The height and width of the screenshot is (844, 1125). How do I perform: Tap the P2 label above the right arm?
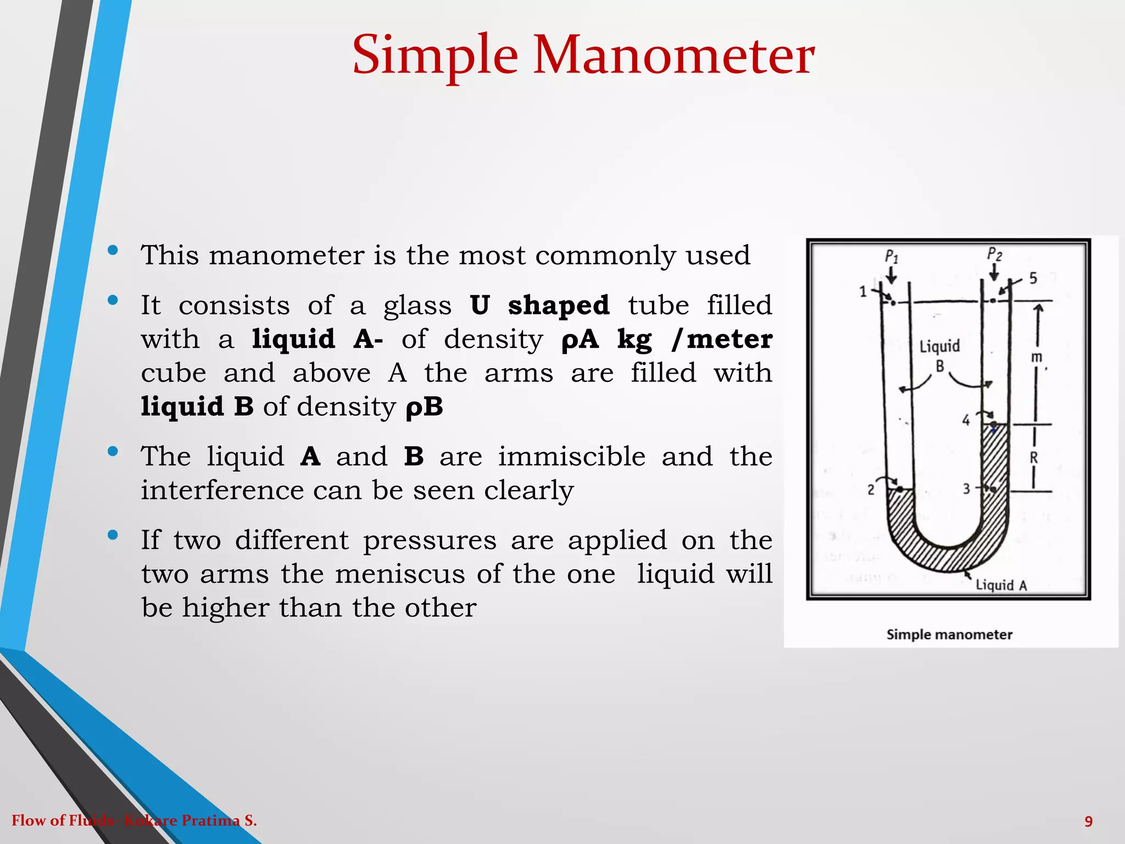pos(994,254)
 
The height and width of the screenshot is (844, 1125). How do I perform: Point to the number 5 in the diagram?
pos(1033,279)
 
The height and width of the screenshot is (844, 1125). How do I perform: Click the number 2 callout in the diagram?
pos(871,489)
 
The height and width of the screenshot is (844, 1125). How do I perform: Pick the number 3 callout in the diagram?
pos(967,488)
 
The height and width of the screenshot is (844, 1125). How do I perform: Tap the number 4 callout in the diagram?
pos(966,421)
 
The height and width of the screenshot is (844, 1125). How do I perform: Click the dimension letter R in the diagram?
pos(1034,458)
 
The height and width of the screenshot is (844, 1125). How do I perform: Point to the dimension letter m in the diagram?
pos(1036,357)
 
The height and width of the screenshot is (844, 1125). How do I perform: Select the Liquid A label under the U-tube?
pos(1001,585)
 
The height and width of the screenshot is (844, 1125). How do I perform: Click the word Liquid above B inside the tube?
pos(940,347)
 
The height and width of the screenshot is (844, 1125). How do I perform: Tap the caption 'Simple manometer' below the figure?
pos(949,635)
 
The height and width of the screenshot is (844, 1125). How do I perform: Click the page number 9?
pos(1089,821)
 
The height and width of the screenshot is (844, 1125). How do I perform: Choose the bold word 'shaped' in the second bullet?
pos(559,306)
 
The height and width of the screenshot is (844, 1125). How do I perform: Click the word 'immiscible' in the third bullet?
pos(571,457)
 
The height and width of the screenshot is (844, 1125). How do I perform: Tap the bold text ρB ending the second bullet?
pos(424,407)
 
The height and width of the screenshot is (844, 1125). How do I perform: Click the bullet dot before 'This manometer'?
pos(113,251)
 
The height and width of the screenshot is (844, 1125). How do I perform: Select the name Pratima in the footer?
pos(211,821)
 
